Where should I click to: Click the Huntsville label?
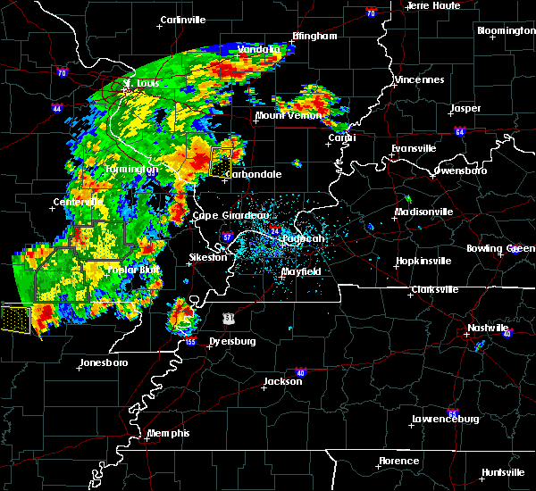coord(503,471)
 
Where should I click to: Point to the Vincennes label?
coord(421,80)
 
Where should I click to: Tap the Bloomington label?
coord(506,31)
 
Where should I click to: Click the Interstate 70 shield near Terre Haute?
coord(370,14)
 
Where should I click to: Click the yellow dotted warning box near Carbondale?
coord(220,163)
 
